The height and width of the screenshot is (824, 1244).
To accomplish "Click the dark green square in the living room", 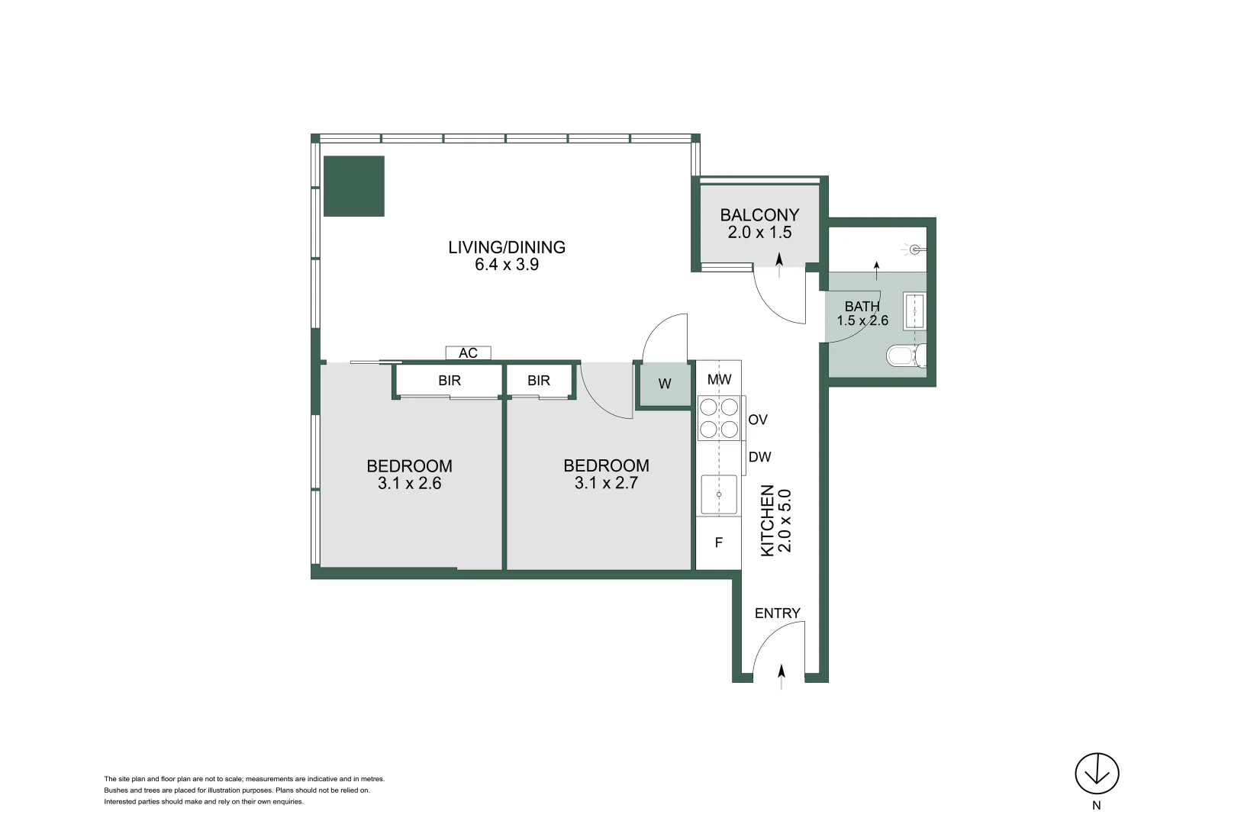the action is point(354,186).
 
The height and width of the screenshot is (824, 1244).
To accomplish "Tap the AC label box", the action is point(468,352).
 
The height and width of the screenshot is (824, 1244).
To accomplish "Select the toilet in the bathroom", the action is point(907,356).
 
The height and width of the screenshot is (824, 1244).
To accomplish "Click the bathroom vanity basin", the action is point(914,311).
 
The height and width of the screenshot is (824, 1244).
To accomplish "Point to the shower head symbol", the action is point(915,249).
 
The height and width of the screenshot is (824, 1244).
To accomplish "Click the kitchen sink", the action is point(719,494).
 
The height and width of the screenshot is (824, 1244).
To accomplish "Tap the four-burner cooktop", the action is point(719,418).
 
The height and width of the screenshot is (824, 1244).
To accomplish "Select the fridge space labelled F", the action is point(719,542).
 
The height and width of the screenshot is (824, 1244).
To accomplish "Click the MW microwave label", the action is point(719,380).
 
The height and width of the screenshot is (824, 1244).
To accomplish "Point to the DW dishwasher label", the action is point(759,457).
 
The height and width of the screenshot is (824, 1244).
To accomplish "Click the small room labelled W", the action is point(665,385).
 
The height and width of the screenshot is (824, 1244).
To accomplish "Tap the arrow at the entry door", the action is point(782,677).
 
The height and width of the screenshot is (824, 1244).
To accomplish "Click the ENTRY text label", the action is point(778,613).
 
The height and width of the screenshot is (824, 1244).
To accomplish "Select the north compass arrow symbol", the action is point(1097,774).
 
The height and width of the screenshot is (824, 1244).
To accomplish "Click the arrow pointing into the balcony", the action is point(779,265).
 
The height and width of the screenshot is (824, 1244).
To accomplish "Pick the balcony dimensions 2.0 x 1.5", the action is point(759,232).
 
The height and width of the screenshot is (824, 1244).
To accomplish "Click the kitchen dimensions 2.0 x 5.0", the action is point(784,521).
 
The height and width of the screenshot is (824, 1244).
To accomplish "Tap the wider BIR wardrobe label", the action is point(450,381).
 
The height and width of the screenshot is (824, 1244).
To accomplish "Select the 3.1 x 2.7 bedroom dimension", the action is point(606,482).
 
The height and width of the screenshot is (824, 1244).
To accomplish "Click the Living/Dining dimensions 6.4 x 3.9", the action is point(507,264).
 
